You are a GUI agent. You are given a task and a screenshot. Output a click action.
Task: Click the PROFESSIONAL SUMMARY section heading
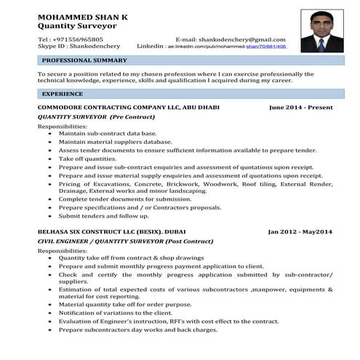85,60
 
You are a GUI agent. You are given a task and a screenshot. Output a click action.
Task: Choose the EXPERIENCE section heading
63,95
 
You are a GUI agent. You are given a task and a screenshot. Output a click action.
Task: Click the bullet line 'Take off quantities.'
87,158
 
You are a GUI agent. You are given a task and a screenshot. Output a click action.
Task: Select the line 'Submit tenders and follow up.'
103,215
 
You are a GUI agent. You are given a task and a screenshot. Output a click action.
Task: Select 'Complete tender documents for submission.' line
125,199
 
